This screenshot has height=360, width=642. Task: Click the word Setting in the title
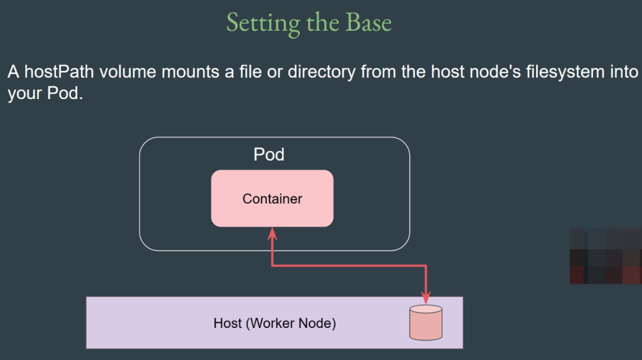pyautogui.click(x=263, y=23)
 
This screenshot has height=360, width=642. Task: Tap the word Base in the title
pyautogui.click(x=369, y=22)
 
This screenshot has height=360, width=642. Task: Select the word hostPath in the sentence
pyautogui.click(x=60, y=71)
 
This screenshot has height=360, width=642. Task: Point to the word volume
pyautogui.click(x=128, y=71)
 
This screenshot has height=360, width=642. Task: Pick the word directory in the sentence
pyautogui.click(x=322, y=73)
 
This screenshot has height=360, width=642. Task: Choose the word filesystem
pyautogui.click(x=566, y=73)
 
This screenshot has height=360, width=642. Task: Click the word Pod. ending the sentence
pyautogui.click(x=65, y=93)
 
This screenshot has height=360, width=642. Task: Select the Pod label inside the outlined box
pyautogui.click(x=269, y=154)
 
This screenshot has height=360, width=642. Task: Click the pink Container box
pyautogui.click(x=272, y=198)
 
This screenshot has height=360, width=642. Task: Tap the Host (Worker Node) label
pyautogui.click(x=275, y=323)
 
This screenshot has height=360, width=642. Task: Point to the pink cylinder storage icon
pyautogui.click(x=426, y=322)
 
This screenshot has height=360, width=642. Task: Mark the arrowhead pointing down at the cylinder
pyautogui.click(x=426, y=298)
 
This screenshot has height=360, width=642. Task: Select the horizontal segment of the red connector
pyautogui.click(x=349, y=266)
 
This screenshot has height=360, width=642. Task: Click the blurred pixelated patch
pyautogui.click(x=606, y=256)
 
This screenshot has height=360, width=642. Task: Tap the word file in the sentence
pyautogui.click(x=251, y=71)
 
